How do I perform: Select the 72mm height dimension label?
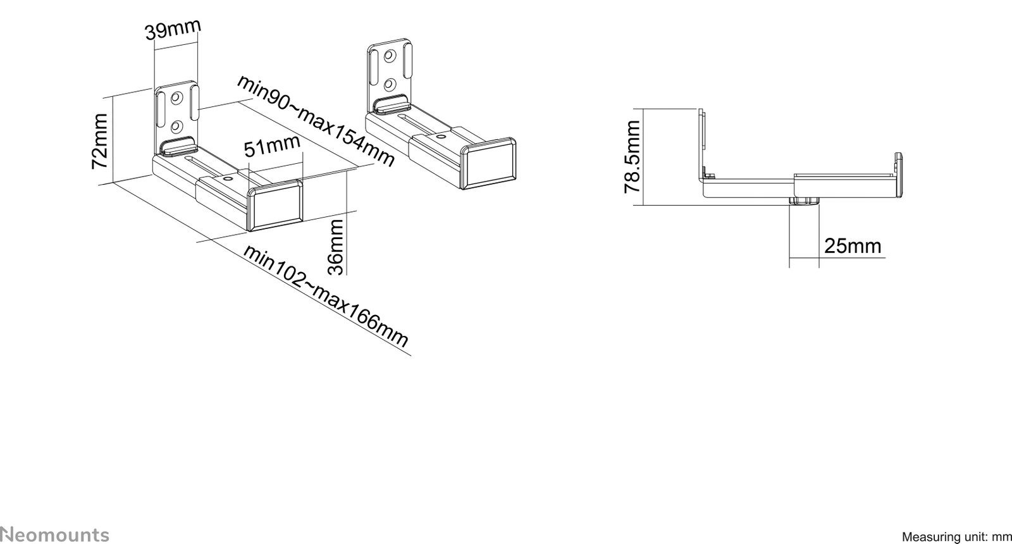(99, 141)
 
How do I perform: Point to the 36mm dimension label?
(336, 247)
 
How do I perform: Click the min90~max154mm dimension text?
(316, 121)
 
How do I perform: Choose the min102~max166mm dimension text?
(326, 296)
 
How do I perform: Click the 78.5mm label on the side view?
(632, 157)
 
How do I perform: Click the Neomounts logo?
(54, 535)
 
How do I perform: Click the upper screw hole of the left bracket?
(176, 99)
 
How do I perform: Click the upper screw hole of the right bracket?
(388, 56)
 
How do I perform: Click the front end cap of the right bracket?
(490, 163)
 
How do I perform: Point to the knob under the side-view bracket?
(804, 201)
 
